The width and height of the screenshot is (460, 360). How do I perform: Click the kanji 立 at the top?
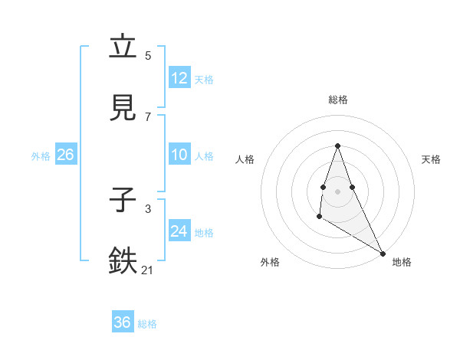(x=123, y=47)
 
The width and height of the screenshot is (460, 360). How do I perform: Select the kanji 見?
(x=123, y=109)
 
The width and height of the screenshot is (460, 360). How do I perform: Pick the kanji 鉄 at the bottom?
(x=123, y=261)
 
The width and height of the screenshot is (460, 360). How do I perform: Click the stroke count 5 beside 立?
(x=148, y=55)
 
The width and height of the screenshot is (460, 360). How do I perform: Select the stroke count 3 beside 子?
(x=148, y=208)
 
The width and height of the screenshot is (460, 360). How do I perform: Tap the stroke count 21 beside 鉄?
(x=148, y=270)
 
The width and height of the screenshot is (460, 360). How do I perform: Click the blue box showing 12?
(x=179, y=78)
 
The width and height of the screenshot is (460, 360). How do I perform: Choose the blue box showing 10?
(x=179, y=155)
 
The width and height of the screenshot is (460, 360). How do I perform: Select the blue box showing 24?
(x=179, y=231)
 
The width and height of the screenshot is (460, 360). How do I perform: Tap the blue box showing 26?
(x=65, y=155)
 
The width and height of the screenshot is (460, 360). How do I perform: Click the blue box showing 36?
(x=123, y=322)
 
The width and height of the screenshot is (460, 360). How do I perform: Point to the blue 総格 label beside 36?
(x=148, y=324)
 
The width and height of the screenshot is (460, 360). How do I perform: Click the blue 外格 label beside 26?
(x=41, y=156)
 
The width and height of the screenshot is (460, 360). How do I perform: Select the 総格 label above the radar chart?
(x=338, y=100)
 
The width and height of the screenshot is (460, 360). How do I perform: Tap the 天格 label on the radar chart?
(x=431, y=159)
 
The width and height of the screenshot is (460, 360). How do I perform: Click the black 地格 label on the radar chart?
(x=402, y=262)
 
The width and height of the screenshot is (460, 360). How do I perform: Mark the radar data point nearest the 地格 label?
(x=383, y=253)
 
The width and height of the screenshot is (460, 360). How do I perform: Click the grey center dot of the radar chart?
(x=338, y=191)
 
